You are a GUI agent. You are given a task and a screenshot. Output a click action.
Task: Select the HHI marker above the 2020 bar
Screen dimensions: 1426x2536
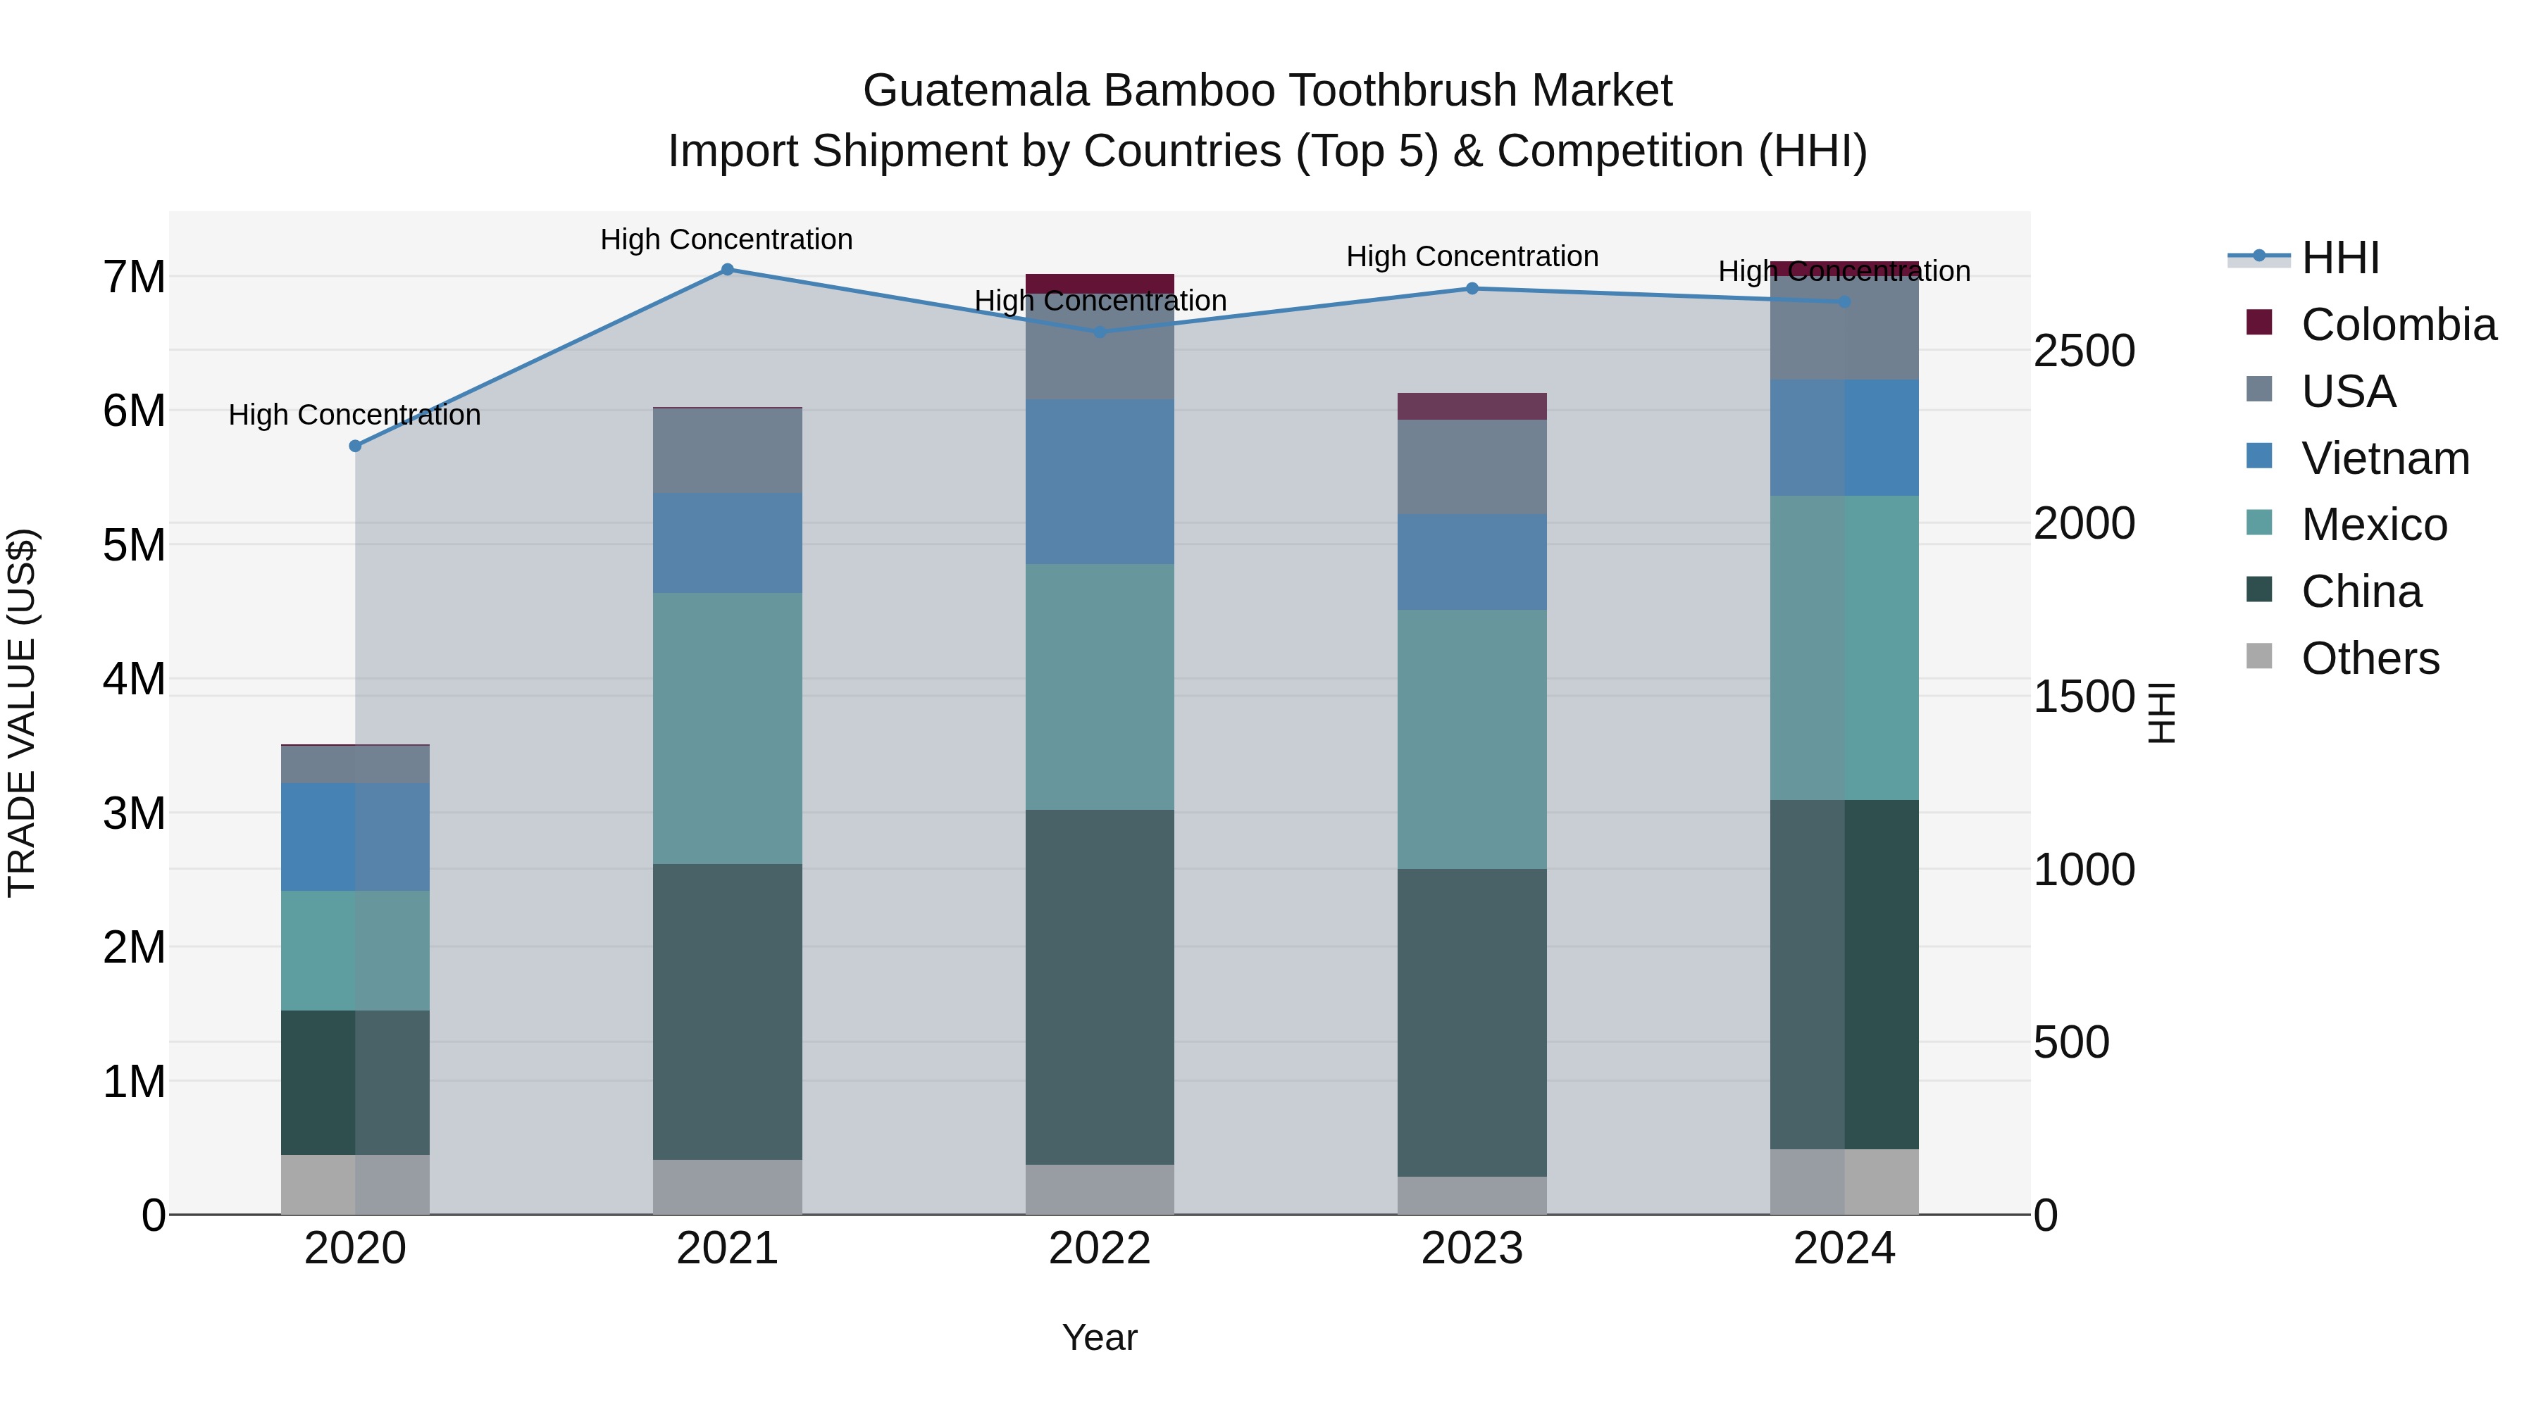point(356,446)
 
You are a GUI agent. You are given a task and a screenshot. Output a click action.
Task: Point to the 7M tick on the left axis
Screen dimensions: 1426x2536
point(134,277)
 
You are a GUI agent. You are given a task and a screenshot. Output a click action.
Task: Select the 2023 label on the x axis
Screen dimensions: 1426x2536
point(1472,1249)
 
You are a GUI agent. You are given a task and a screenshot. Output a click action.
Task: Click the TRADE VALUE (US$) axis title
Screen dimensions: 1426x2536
point(22,713)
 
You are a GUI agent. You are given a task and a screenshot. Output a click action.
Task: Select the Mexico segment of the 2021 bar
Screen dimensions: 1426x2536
point(728,728)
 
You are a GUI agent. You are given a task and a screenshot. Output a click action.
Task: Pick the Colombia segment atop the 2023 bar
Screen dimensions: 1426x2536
point(1472,406)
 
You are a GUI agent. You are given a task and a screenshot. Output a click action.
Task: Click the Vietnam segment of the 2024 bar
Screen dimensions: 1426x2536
point(1844,438)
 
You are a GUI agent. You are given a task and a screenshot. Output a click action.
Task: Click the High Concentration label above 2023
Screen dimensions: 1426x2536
point(1472,257)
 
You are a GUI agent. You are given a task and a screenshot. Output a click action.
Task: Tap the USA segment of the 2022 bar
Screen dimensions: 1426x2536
point(1100,346)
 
